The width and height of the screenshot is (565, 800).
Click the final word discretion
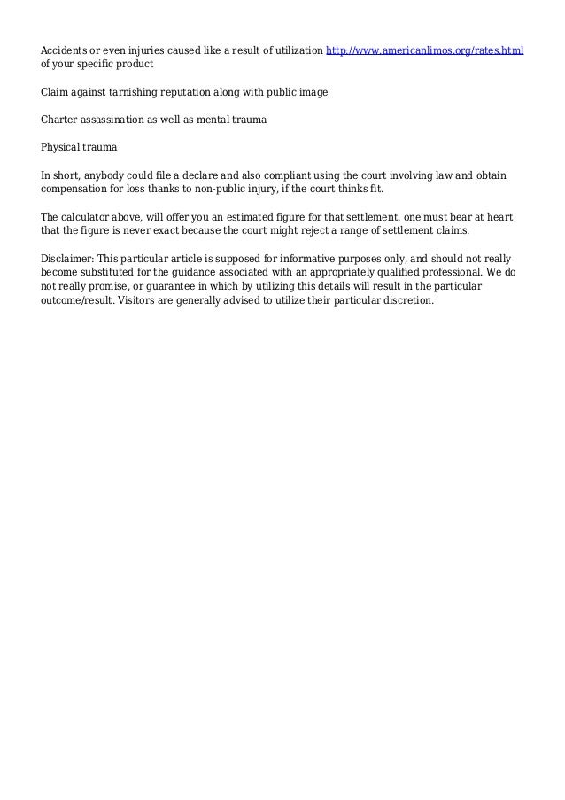[405, 300]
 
